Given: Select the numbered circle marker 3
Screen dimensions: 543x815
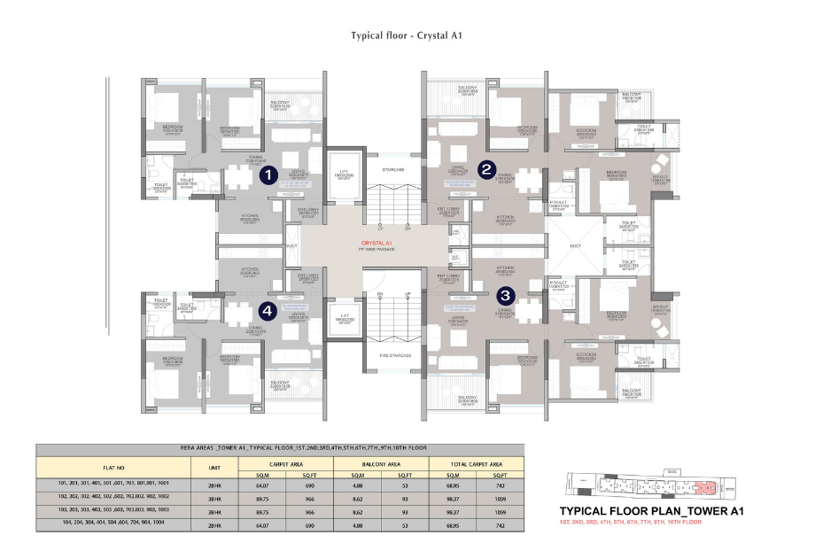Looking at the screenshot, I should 506,296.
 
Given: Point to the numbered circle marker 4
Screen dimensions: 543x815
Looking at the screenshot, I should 267,311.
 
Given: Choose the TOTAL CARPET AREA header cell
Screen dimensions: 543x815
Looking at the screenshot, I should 477,462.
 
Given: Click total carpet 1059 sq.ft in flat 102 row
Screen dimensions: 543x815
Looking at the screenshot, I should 501,498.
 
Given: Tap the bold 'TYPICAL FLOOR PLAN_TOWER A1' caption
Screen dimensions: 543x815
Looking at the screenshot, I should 651,511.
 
